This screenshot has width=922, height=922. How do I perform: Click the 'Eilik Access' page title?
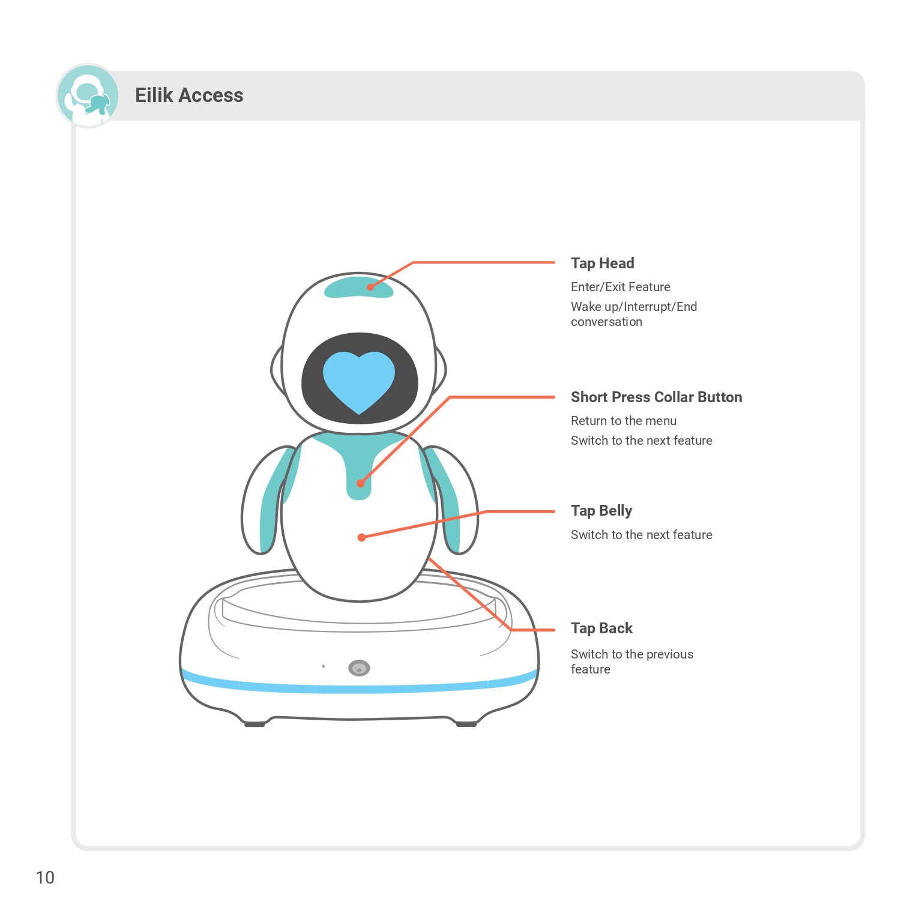point(189,95)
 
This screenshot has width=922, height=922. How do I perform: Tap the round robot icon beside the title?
point(88,96)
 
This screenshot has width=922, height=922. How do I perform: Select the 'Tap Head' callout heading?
point(602,264)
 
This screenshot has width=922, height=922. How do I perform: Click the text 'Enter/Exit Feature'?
point(620,287)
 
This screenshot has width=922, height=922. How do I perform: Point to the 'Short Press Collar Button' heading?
point(656,397)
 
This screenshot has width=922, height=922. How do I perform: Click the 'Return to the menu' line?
point(623,421)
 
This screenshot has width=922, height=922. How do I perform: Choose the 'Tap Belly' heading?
point(601,511)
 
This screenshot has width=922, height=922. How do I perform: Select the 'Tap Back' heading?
point(601,628)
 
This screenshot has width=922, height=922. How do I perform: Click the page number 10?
point(45,878)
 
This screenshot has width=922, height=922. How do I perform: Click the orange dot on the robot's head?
point(370,287)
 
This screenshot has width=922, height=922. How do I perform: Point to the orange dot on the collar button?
point(360,483)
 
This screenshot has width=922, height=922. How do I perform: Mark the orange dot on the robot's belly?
point(361,537)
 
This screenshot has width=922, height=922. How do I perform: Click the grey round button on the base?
point(359,668)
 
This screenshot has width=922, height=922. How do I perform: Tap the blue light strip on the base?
point(359,688)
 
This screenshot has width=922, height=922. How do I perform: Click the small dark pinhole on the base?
point(324,666)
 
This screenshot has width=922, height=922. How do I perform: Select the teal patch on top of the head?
point(358,288)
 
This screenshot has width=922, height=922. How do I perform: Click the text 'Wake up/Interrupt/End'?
point(634,307)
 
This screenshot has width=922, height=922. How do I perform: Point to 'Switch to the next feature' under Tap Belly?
point(641,535)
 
